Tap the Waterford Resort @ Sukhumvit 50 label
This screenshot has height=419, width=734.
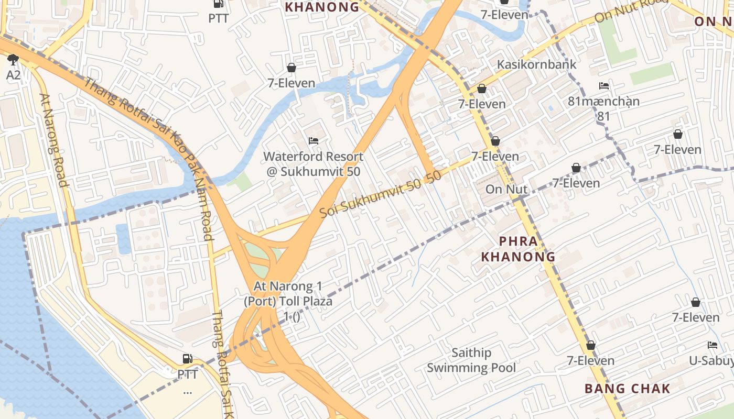(313, 163)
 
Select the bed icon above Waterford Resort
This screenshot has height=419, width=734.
(314, 140)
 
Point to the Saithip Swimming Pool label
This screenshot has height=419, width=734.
(471, 360)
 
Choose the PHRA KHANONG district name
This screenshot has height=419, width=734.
(518, 249)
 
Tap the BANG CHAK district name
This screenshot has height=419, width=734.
(627, 389)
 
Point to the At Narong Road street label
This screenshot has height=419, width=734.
(54, 140)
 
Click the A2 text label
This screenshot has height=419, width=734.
(13, 75)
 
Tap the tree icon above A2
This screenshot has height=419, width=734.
(13, 59)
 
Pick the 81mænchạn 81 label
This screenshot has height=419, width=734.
(603, 108)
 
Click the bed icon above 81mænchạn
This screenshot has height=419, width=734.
(604, 85)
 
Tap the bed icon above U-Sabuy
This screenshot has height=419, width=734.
(712, 345)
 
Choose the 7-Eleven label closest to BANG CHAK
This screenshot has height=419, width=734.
(590, 360)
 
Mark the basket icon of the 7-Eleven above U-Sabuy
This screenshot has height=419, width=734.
(696, 302)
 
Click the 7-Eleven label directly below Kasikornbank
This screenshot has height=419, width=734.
(482, 104)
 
